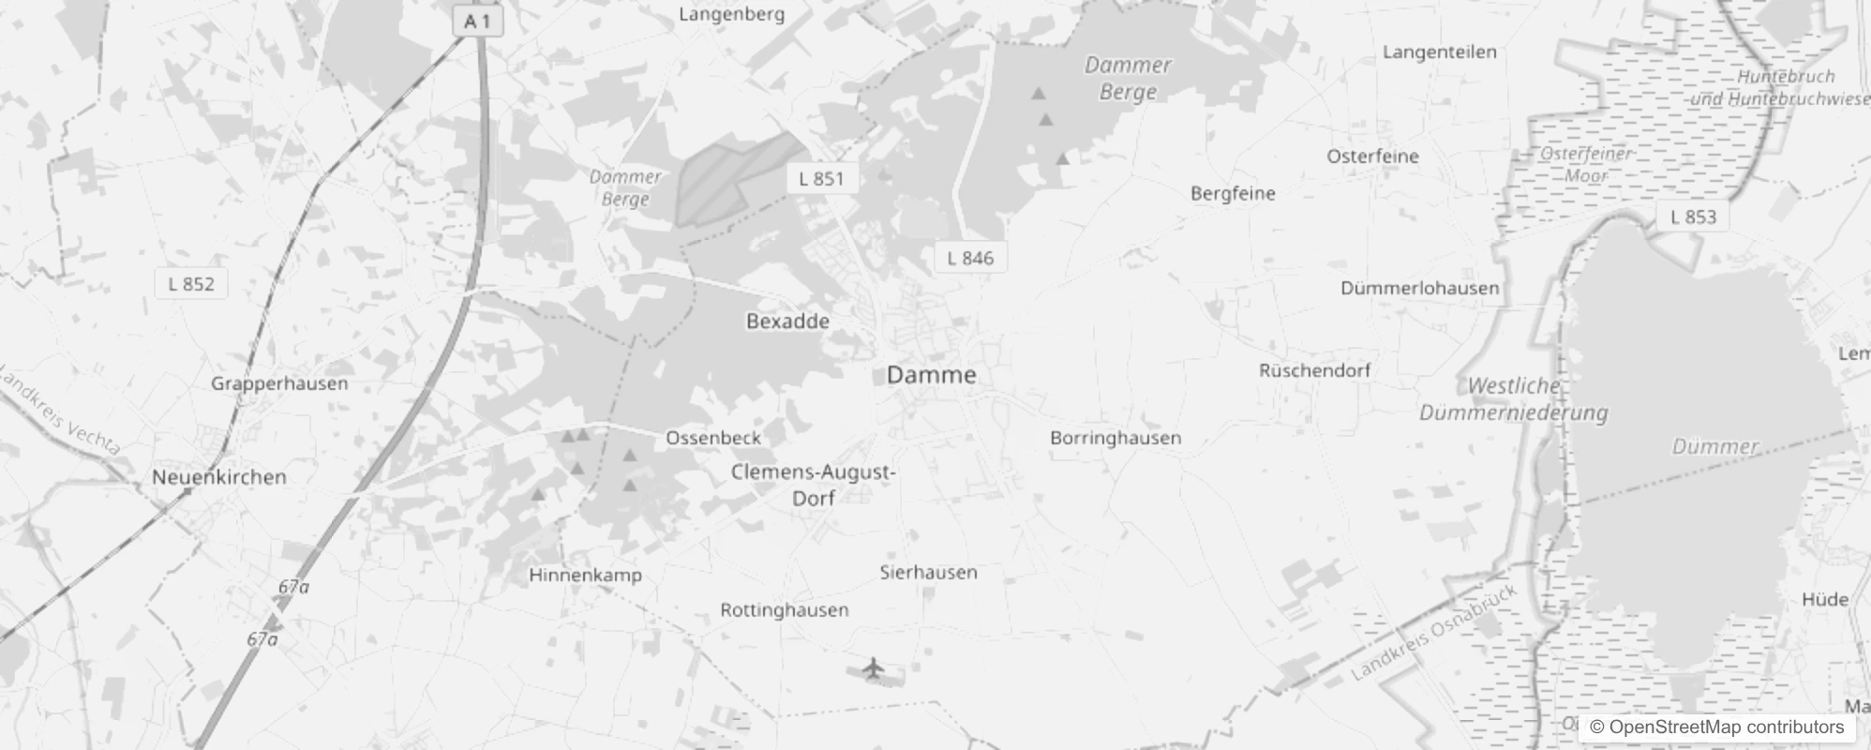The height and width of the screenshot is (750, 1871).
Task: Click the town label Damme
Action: click(931, 375)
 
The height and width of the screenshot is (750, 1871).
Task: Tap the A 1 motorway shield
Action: click(477, 21)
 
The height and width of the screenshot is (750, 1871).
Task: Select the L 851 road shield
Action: click(821, 178)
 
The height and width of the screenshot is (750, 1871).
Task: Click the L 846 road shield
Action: click(970, 258)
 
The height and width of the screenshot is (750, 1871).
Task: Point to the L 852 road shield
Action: click(191, 283)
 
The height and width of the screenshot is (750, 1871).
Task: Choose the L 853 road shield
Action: click(1694, 217)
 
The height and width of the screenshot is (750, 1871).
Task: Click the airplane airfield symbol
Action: click(874, 668)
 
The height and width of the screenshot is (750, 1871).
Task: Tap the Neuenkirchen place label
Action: click(219, 476)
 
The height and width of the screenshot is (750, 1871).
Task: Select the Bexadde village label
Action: click(787, 321)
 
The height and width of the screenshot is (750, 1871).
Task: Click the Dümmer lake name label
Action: click(1715, 446)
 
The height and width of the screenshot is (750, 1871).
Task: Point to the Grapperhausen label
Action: click(279, 383)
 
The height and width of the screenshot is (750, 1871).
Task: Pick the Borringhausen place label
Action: click(1115, 438)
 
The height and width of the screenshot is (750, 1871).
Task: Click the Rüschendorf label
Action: click(1314, 370)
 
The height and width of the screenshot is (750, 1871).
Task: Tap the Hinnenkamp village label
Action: click(585, 575)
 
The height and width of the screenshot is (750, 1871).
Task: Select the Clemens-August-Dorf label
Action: click(814, 485)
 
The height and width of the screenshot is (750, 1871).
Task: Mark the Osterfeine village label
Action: click(1372, 157)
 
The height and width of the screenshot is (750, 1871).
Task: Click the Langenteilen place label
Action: click(1439, 52)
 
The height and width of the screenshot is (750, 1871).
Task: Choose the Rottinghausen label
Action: click(785, 610)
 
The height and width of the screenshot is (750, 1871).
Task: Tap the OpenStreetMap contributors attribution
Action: click(1716, 727)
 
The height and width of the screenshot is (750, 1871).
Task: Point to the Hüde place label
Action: click(1824, 599)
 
